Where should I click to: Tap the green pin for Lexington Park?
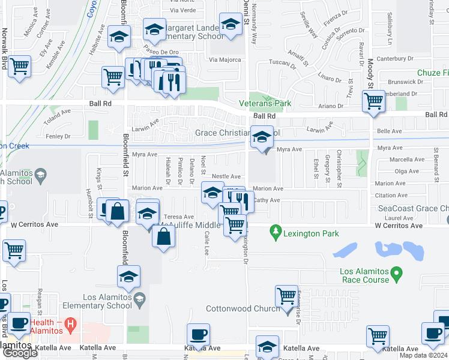click(276, 230)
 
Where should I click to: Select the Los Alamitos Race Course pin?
click(396, 275)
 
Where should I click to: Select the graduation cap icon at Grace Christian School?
click(261, 137)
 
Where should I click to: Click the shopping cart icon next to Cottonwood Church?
click(286, 296)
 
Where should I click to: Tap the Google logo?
click(20, 353)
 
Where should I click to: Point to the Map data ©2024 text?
click(423, 355)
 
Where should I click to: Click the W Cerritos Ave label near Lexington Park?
click(399, 226)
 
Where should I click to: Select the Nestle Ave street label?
click(226, 176)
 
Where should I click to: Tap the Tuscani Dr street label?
click(282, 62)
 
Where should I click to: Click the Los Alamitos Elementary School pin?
click(139, 299)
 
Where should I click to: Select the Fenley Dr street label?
click(59, 136)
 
